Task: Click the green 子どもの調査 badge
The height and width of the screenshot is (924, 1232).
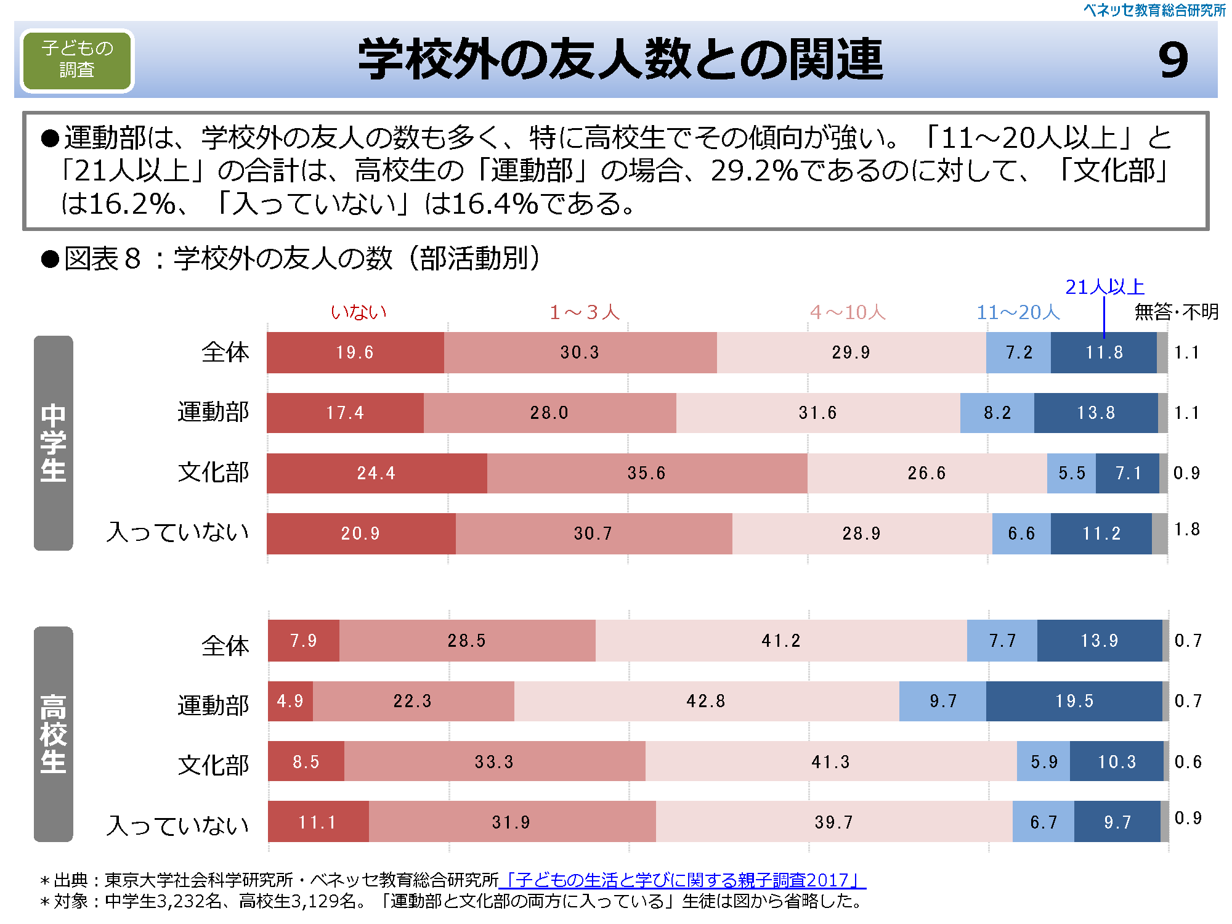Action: (x=77, y=60)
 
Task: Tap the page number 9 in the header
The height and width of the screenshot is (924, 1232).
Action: (x=1173, y=60)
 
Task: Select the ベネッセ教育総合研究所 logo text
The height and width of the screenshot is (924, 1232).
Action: (x=1154, y=10)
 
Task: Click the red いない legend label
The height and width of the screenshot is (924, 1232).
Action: (x=359, y=312)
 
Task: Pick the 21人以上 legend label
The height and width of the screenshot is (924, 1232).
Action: (x=1104, y=287)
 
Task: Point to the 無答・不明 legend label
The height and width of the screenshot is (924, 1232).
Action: (x=1176, y=312)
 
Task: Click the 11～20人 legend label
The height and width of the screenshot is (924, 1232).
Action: (x=1018, y=312)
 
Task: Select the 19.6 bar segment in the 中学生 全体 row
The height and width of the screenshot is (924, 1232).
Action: (x=355, y=352)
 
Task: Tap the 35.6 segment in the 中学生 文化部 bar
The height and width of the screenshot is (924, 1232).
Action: (x=646, y=473)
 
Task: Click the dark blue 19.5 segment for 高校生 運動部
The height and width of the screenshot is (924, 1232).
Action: (x=1074, y=701)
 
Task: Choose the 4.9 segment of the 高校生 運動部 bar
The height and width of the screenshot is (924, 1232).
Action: (x=290, y=701)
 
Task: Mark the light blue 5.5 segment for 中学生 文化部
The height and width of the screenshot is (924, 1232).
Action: (x=1071, y=473)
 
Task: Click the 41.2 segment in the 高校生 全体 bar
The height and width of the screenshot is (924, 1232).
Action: (x=780, y=641)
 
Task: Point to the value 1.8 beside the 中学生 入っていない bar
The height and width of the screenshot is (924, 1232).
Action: (x=1186, y=530)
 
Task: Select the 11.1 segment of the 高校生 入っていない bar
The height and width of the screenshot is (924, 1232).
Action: (x=317, y=822)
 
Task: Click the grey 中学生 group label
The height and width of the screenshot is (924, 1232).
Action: (x=54, y=443)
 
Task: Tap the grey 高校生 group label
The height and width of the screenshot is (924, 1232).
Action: (x=54, y=734)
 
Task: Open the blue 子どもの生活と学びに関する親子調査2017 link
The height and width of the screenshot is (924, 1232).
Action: (x=684, y=880)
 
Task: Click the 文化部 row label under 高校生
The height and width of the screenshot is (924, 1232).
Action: (x=213, y=765)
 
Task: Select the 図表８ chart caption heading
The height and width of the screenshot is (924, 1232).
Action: (x=290, y=259)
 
